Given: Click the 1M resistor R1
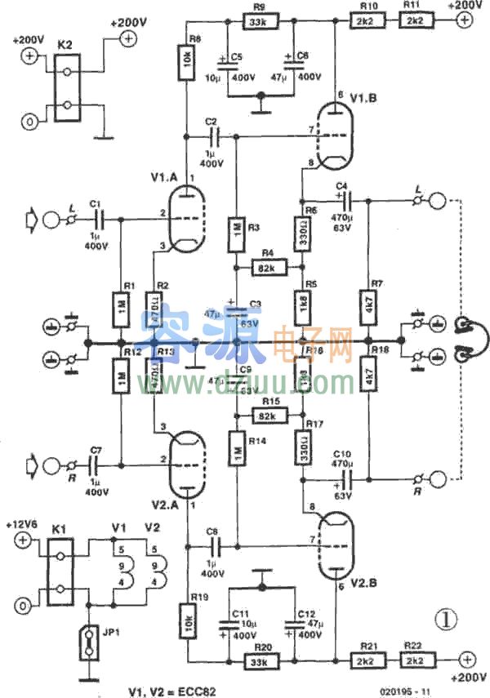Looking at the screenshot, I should tap(121, 308).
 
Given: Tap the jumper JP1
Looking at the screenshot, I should tap(87, 643).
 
